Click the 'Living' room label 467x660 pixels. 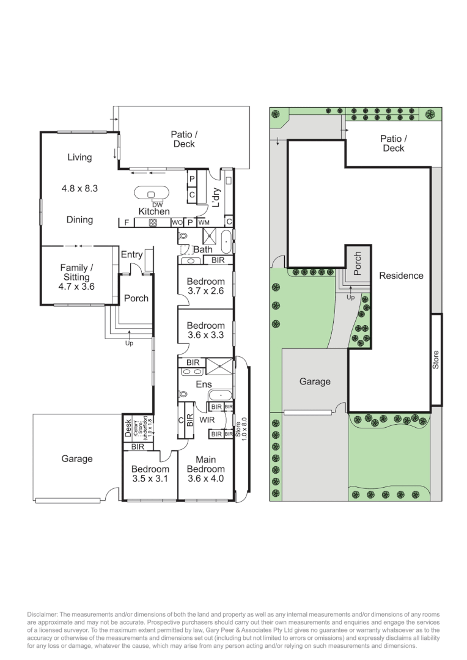point(79,157)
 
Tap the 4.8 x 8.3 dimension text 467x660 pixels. point(79,189)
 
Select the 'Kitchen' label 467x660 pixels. point(153,211)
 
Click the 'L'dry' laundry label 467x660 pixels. point(215,198)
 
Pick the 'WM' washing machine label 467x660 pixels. point(204,222)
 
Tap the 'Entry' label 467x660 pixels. point(131,255)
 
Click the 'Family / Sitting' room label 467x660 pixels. point(76,273)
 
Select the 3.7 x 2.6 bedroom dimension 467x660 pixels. point(205,291)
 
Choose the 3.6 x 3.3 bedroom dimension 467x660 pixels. point(205,335)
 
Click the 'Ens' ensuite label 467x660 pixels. point(204,384)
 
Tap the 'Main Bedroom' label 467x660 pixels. point(206,464)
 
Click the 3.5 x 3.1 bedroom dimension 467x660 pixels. point(150,479)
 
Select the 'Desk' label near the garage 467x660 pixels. point(128,427)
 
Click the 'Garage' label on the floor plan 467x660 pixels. point(76,458)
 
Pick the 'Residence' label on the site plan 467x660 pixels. point(401,276)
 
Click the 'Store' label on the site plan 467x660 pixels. point(436,359)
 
